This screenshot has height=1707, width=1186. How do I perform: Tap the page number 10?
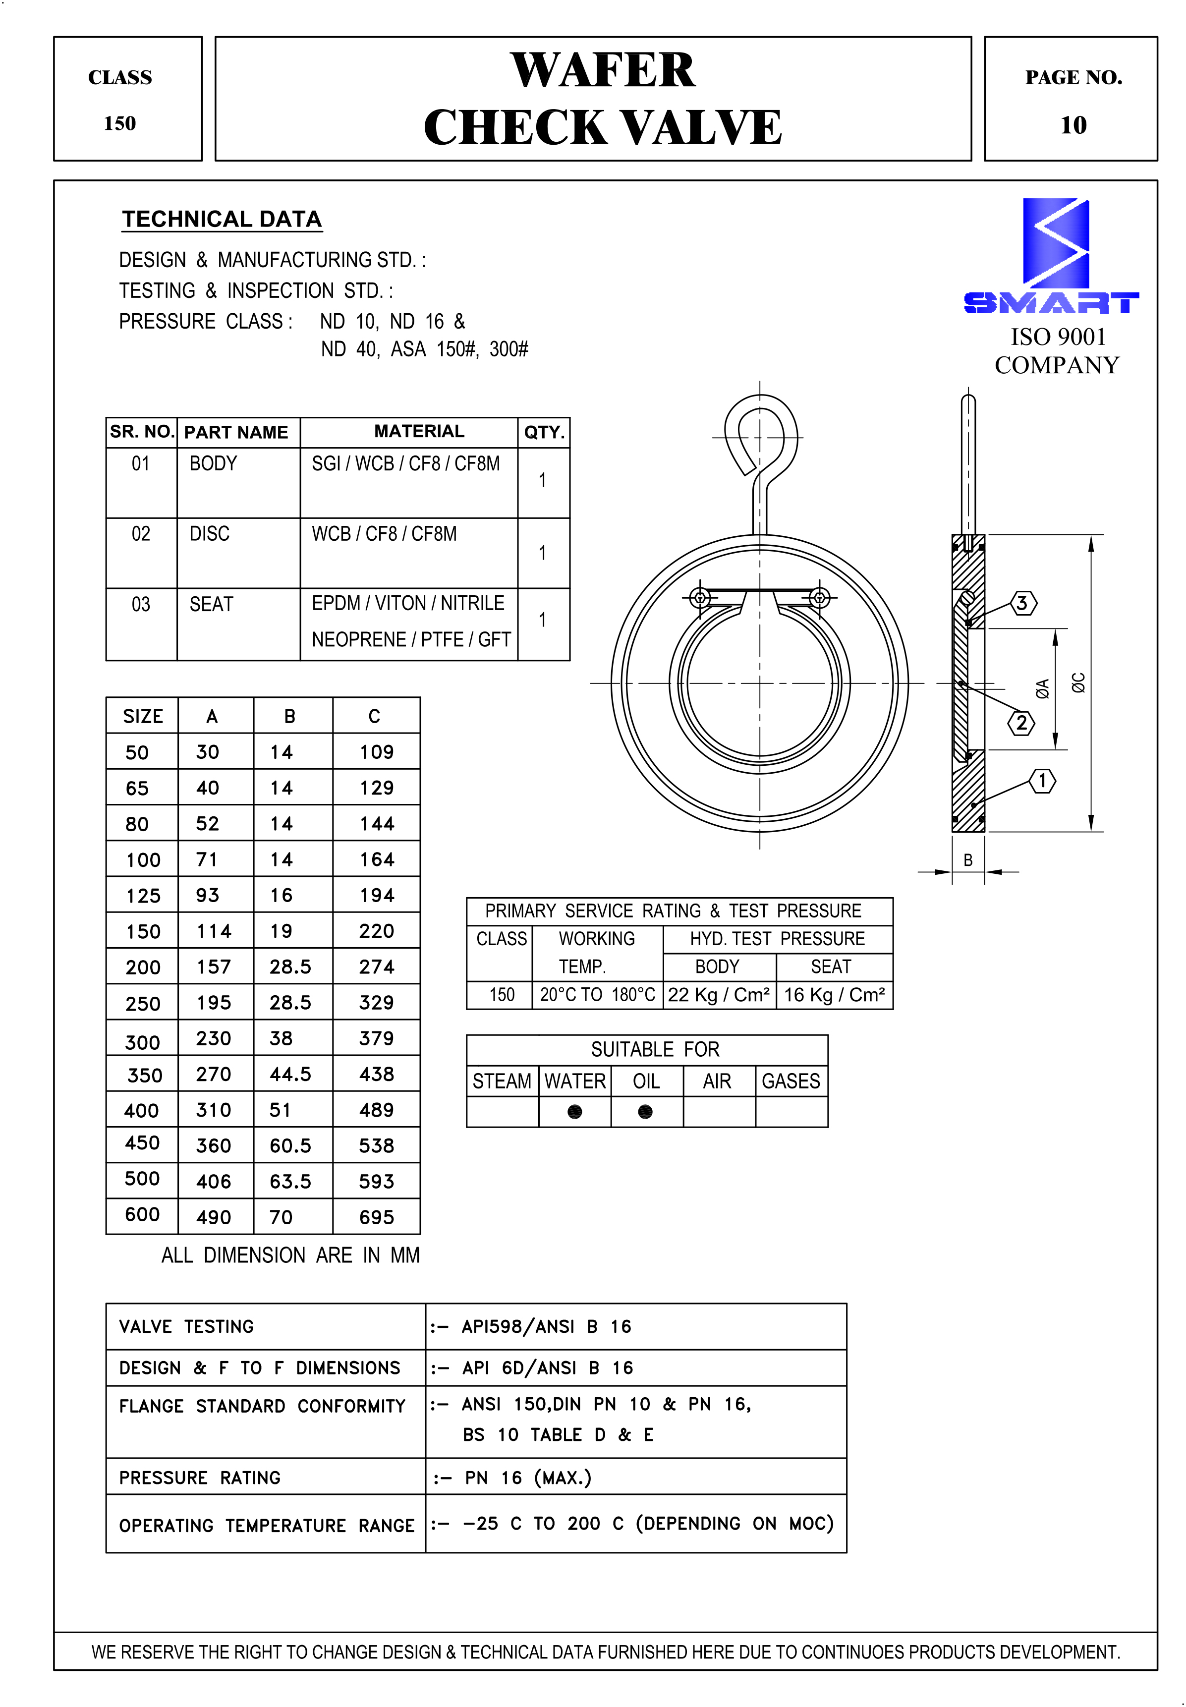[x=1073, y=125]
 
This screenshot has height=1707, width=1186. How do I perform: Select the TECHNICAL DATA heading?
[x=222, y=219]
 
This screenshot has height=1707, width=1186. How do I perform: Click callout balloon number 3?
[x=1022, y=603]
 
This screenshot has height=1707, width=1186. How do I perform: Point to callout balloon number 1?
[x=1042, y=780]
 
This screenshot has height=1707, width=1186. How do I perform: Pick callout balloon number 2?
[x=1021, y=722]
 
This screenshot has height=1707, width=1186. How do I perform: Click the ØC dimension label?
[x=1077, y=682]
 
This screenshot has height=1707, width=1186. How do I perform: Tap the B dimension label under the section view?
[x=967, y=860]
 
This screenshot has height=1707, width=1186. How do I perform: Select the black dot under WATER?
[x=574, y=1111]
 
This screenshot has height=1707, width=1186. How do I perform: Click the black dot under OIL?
[x=645, y=1111]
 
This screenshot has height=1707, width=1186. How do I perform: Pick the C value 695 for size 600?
[x=376, y=1216]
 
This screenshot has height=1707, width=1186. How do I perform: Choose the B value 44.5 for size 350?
[x=290, y=1074]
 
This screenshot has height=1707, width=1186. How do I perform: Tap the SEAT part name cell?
[x=211, y=604]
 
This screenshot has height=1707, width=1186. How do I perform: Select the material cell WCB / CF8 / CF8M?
[x=384, y=534]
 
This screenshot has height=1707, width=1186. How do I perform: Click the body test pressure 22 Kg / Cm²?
[x=718, y=994]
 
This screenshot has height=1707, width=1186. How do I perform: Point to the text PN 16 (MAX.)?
[x=528, y=1478]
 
